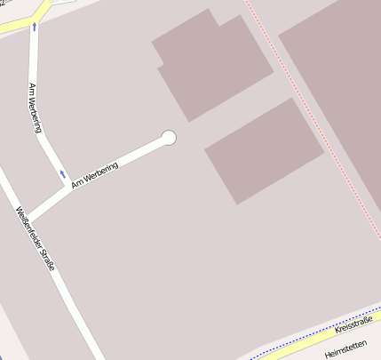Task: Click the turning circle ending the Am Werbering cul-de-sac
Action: (169, 137)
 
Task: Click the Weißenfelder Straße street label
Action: (35, 238)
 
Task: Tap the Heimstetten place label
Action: (346, 349)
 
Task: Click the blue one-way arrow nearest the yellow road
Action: (34, 27)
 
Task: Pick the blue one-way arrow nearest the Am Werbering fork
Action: (62, 173)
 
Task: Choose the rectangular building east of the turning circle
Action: (264, 150)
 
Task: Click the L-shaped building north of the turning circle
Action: (213, 66)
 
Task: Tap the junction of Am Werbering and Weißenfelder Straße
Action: (28, 219)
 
